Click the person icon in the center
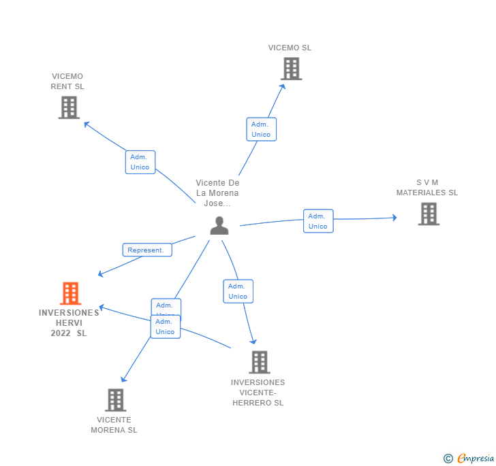point(219,225)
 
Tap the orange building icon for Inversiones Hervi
point(70,293)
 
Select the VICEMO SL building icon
point(291,69)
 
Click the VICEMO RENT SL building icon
point(69,107)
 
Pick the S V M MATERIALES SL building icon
point(428,214)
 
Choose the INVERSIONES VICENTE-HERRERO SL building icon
point(259,362)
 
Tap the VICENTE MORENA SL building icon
point(116,400)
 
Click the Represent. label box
point(147,250)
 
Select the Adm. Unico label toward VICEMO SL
point(261,129)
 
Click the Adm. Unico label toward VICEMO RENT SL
point(140,162)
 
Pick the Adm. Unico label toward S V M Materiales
point(318,221)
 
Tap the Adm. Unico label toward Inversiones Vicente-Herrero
point(238,291)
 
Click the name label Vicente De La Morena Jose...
point(218,193)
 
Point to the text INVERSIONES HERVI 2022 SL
point(69,323)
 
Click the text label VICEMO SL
point(290,48)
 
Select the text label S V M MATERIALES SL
point(427,188)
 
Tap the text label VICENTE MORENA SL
point(114,425)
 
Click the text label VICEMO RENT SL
point(67,82)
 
